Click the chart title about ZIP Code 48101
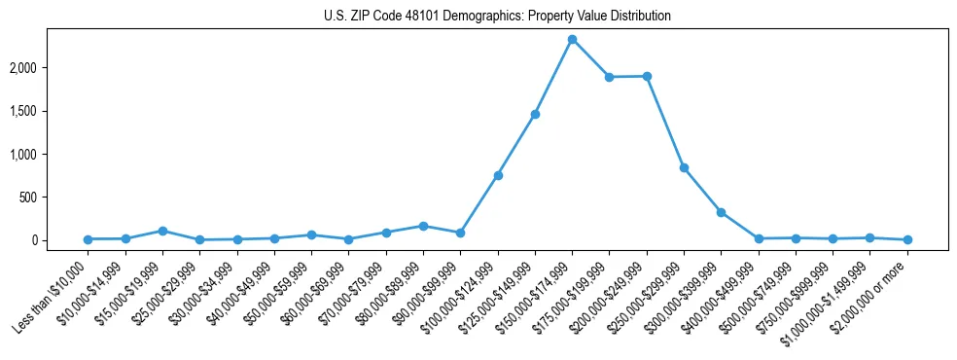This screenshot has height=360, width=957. pos(497,17)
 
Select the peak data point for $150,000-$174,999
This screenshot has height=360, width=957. pos(572,39)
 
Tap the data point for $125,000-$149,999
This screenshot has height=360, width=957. pos(535,115)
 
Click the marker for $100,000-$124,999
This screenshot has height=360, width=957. pos(498,175)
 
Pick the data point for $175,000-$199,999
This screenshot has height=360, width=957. pos(609,77)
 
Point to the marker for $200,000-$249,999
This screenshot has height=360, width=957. pos(647,76)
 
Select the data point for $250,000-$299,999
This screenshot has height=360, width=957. pos(684,167)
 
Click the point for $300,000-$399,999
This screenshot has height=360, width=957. pos(721,212)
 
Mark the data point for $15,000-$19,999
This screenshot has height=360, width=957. pos(162,231)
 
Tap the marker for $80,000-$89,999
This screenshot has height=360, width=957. pos(423,226)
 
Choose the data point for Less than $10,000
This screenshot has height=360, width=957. pos(88,239)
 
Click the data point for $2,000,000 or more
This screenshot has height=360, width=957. pos(907,239)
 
